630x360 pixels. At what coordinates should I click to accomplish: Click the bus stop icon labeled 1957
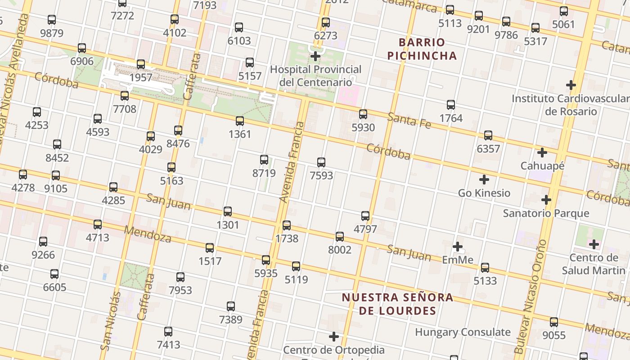pyautogui.click(x=141, y=64)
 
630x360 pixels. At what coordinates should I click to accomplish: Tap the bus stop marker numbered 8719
pyautogui.click(x=264, y=160)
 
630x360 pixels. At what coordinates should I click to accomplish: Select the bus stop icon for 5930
pyautogui.click(x=363, y=114)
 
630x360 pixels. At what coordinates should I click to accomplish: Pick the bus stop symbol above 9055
pyautogui.click(x=554, y=322)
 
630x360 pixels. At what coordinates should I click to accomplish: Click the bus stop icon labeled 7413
pyautogui.click(x=168, y=332)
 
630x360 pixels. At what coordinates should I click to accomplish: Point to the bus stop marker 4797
pyautogui.click(x=365, y=216)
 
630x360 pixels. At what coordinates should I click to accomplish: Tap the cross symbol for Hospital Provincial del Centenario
pyautogui.click(x=315, y=56)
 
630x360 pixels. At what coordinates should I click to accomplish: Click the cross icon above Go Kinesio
pyautogui.click(x=484, y=180)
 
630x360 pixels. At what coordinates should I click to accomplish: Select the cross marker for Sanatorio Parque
pyautogui.click(x=546, y=199)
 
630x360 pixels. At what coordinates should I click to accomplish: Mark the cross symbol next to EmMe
pyautogui.click(x=458, y=247)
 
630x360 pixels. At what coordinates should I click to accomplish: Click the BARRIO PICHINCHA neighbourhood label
pyautogui.click(x=422, y=49)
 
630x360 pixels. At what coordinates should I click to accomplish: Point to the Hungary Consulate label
pyautogui.click(x=463, y=332)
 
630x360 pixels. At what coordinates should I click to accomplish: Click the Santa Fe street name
pyautogui.click(x=409, y=121)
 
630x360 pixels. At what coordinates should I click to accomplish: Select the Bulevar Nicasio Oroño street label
pyautogui.click(x=531, y=297)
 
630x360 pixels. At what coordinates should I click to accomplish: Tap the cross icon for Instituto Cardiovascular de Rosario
pyautogui.click(x=571, y=85)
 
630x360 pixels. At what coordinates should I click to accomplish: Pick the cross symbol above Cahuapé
pyautogui.click(x=542, y=153)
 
